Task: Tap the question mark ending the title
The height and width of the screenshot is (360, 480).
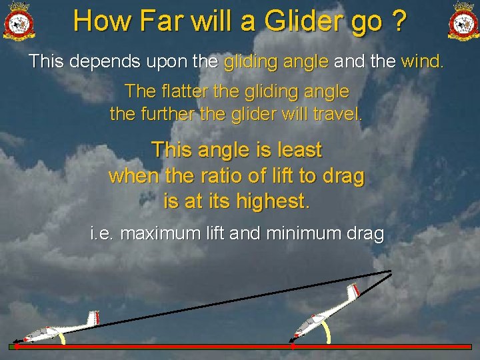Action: [x=399, y=21]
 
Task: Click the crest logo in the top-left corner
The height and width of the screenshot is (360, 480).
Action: [x=19, y=21]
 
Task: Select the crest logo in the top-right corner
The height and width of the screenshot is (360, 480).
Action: [x=462, y=21]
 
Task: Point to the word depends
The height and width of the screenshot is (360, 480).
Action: [x=102, y=62]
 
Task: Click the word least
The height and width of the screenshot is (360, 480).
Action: [x=299, y=150]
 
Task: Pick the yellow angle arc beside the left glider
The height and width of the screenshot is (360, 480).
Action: [x=61, y=338]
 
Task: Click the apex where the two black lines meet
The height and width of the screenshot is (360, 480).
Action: [x=391, y=271]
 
